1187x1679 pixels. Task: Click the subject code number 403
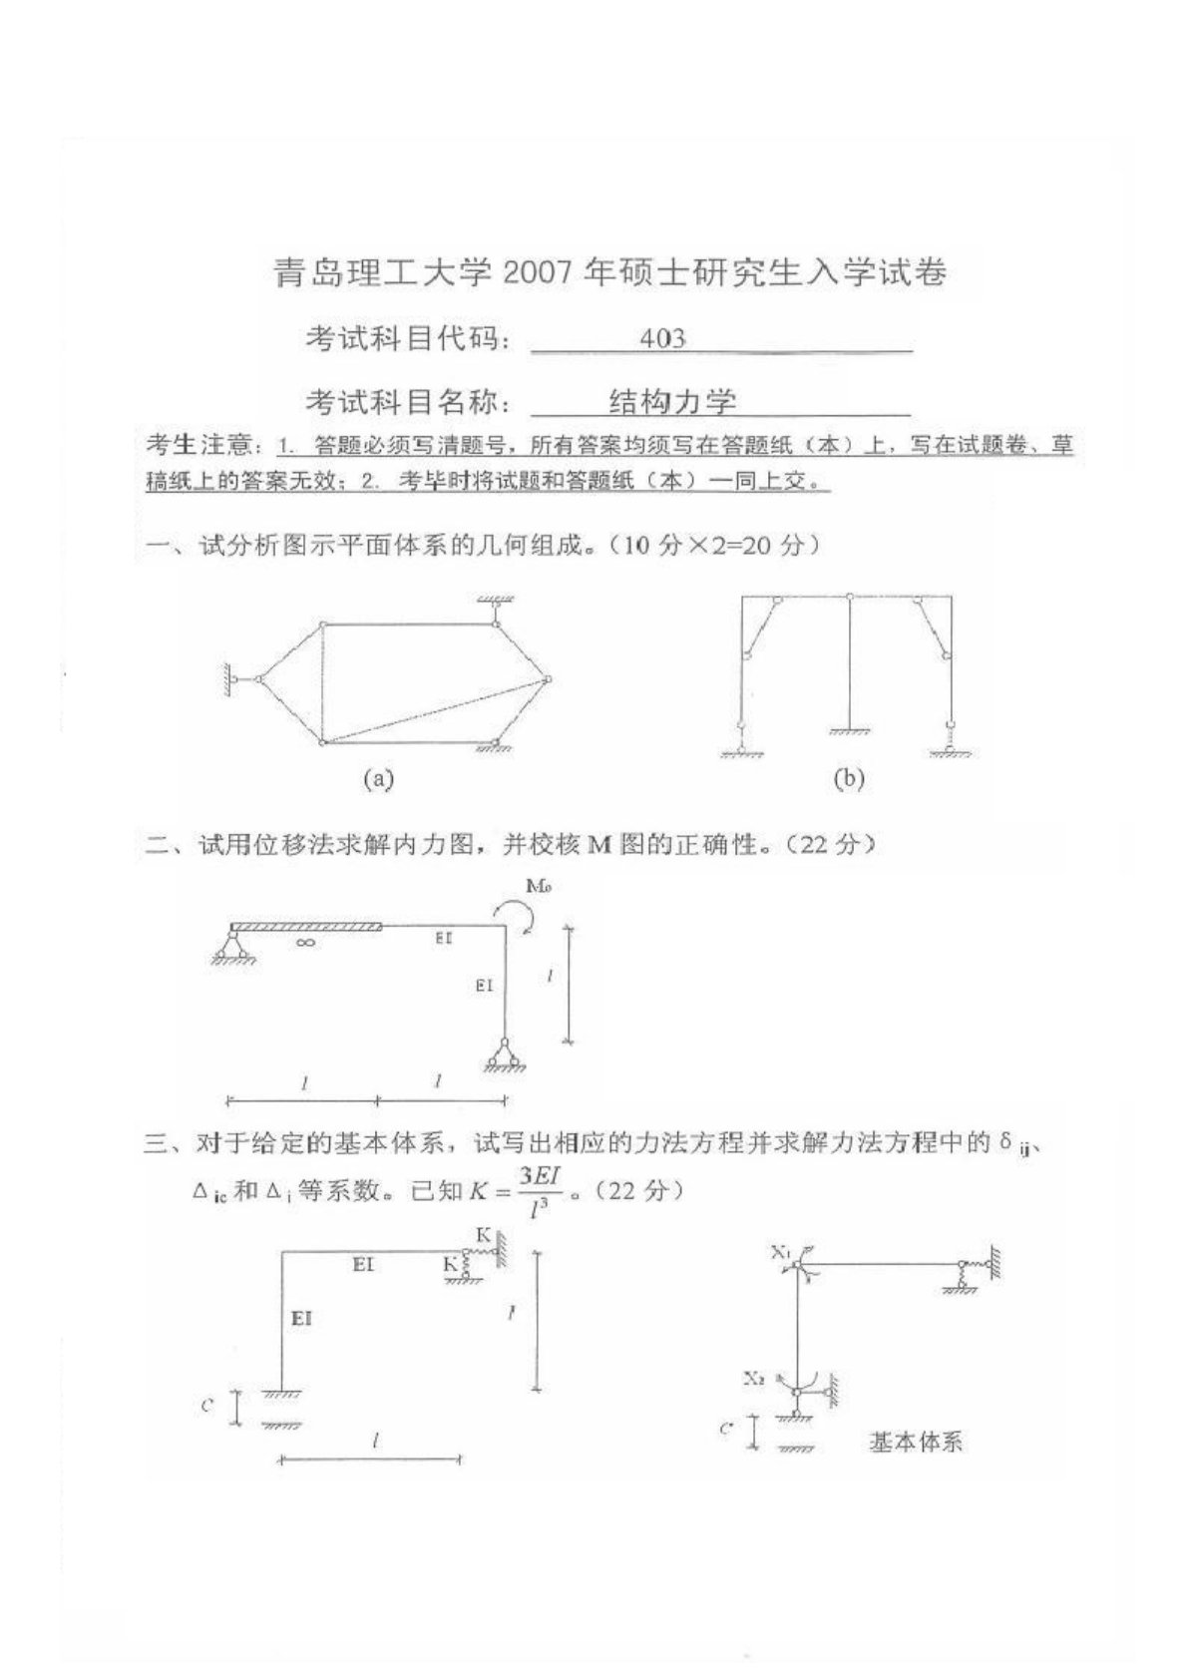[663, 339]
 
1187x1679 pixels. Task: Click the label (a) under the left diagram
[378, 778]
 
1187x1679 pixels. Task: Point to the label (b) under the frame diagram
[848, 778]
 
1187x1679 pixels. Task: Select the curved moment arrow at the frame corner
[515, 913]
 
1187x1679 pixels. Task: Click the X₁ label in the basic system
[780, 1251]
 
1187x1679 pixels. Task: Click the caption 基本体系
[915, 1442]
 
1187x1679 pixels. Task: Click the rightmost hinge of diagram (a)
[547, 679]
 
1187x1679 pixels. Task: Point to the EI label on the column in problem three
[301, 1319]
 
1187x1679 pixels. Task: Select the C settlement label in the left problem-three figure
[206, 1407]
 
